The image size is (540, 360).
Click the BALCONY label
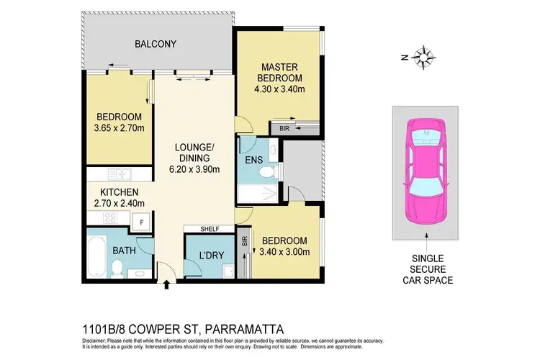156,44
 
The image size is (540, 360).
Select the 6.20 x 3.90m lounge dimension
195,169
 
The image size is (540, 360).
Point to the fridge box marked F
142,222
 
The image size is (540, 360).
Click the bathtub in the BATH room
94,256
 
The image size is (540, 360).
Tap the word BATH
124,251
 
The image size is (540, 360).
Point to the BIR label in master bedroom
275,127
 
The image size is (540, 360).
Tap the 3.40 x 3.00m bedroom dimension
284,252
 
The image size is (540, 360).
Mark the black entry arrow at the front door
168,286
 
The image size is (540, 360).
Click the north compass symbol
425,57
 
